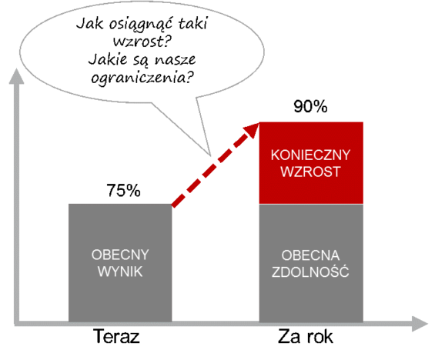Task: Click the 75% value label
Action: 123,190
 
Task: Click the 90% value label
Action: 310,107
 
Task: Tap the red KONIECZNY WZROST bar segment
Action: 311,163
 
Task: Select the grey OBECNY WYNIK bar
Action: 120,263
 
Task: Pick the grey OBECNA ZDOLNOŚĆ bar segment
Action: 311,263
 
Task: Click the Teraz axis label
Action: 117,336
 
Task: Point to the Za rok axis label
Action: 306,336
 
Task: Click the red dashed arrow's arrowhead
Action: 251,130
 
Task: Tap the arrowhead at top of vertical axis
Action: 16,76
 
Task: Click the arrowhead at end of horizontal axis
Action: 420,324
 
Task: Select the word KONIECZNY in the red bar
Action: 310,155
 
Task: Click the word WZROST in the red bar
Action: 310,172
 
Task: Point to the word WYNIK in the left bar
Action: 120,272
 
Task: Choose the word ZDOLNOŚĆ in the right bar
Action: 310,272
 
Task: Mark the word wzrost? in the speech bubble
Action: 142,42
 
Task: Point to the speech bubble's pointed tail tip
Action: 211,156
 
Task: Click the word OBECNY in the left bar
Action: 120,255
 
